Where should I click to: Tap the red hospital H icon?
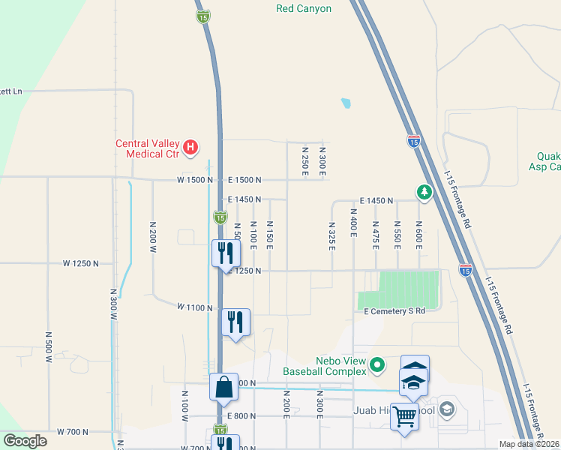point(190,146)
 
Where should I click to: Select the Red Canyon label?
point(304,9)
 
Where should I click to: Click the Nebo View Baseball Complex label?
point(325,365)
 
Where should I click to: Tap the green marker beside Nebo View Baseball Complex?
point(377,365)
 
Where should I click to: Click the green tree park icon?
point(424,193)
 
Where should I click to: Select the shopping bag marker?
point(224,388)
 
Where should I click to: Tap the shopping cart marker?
point(405,416)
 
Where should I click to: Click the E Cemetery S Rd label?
point(394,310)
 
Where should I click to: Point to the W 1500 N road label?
point(195,180)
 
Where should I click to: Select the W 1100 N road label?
point(195,307)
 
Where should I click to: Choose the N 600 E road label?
point(418,235)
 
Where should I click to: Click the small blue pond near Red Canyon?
point(346,103)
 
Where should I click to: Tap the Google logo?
point(25,441)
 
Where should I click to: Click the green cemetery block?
point(409,288)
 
